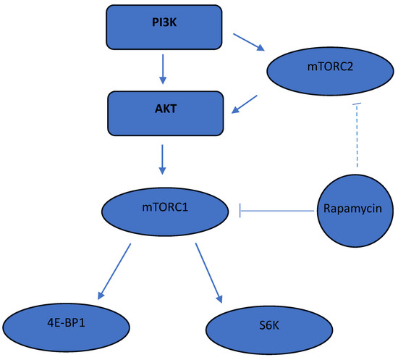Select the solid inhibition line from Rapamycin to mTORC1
click(279, 211)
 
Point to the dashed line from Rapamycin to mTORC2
click(357, 138)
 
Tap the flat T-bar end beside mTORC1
click(240, 211)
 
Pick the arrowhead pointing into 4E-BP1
click(101, 296)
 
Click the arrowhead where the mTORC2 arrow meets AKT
click(235, 110)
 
